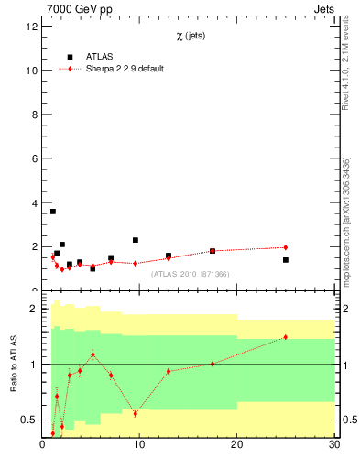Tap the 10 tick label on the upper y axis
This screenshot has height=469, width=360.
pyautogui.click(x=32, y=71)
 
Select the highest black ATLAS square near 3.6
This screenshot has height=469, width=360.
pyautogui.click(x=53, y=212)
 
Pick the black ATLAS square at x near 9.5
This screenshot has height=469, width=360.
pyautogui.click(x=136, y=240)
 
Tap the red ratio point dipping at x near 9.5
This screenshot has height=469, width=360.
pyautogui.click(x=136, y=414)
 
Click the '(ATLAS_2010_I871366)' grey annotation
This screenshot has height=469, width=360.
pyautogui.click(x=191, y=274)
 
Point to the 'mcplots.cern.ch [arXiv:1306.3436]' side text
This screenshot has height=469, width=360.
pyautogui.click(x=345, y=229)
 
